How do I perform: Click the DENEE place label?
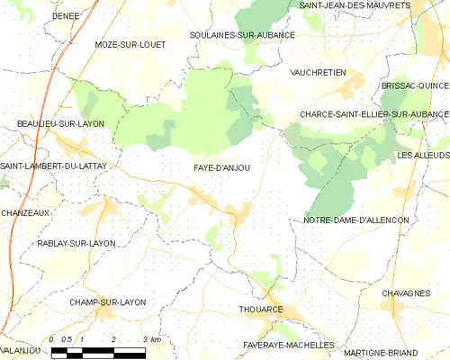pyautogui.click(x=40, y=16)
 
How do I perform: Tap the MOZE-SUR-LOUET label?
pyautogui.click(x=130, y=44)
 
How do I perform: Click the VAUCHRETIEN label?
pyautogui.click(x=319, y=72)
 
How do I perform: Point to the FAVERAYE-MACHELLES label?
pyautogui.click(x=288, y=345)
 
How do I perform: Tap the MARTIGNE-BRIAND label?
pyautogui.click(x=400, y=346)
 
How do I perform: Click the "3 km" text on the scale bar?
pyautogui.click(x=152, y=339)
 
